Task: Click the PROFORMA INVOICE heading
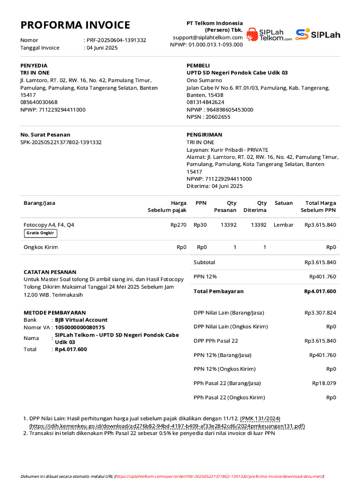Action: pyautogui.click(x=75, y=25)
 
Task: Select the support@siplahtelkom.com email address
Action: pyautogui.click(x=208, y=37)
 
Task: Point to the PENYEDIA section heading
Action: pyautogui.click(x=34, y=66)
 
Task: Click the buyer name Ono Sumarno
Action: pyautogui.click(x=204, y=80)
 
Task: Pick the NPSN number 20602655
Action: pyautogui.click(x=216, y=117)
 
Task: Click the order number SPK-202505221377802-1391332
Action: pyautogui.click(x=61, y=142)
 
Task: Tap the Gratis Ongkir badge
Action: pyautogui.click(x=40, y=233)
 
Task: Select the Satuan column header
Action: pyautogui.click(x=284, y=203)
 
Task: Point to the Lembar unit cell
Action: pyautogui.click(x=284, y=225)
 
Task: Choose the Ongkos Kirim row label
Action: pyautogui.click(x=41, y=247)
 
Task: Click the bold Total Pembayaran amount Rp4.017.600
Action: pyautogui.click(x=320, y=292)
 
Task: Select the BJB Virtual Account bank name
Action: pyautogui.click(x=81, y=320)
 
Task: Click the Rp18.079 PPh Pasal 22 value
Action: pyautogui.click(x=324, y=383)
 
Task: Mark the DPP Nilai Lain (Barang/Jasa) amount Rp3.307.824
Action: pyautogui.click(x=320, y=313)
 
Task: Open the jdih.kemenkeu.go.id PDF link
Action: pyautogui.click(x=167, y=426)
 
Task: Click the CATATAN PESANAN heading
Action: pyautogui.click(x=50, y=272)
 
